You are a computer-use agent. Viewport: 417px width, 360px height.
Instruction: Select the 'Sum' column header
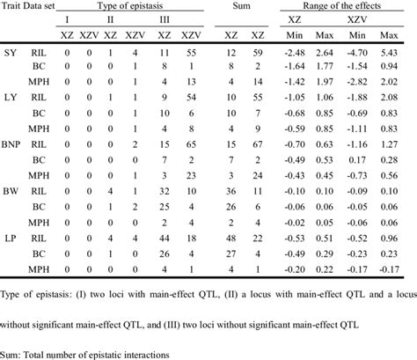tap(243, 8)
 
